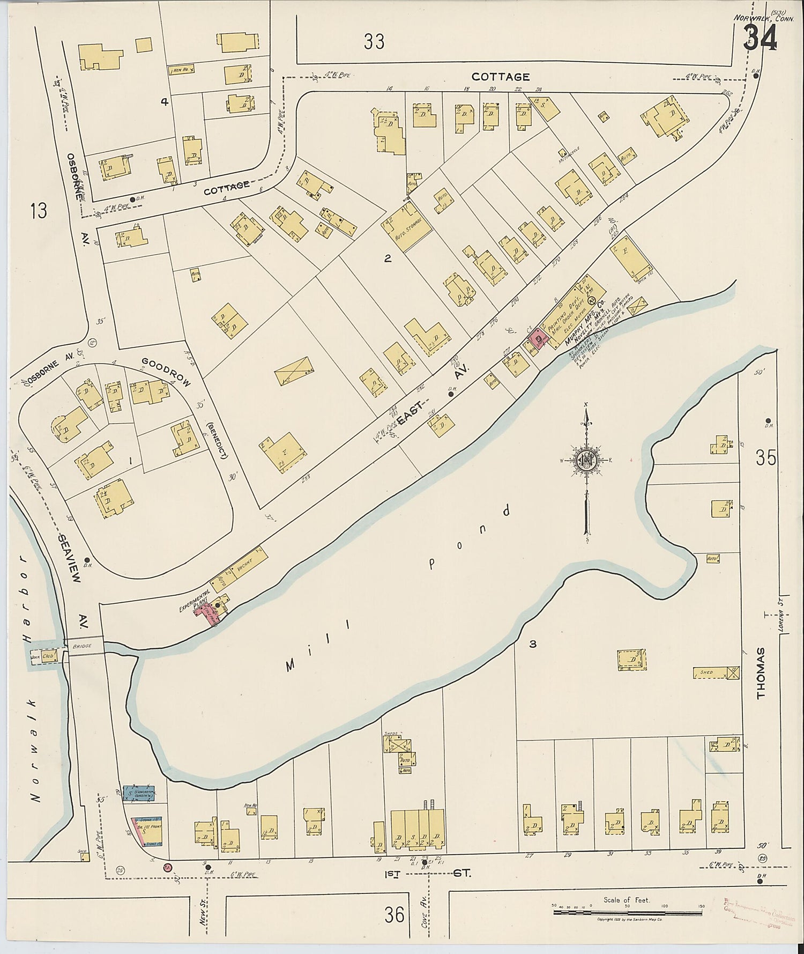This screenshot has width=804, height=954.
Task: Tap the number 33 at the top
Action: [374, 41]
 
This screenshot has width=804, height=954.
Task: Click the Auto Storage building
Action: [407, 227]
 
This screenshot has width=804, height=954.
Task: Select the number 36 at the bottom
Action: [394, 914]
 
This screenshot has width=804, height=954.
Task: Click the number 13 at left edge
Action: [39, 210]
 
